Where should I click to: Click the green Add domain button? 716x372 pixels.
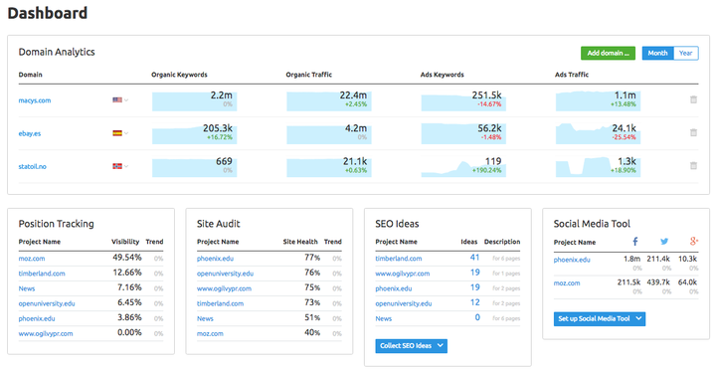608,53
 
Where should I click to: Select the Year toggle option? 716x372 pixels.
686,53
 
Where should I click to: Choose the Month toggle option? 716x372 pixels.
657,53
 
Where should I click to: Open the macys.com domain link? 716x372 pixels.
36,99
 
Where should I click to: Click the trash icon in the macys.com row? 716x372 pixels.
693,99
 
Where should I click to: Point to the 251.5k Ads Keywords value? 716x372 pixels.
482,94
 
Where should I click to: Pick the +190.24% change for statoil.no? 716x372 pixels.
481,170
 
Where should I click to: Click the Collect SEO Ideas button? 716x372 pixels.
411,345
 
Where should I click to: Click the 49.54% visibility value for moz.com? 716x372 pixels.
126,258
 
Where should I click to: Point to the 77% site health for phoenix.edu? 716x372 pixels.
311,258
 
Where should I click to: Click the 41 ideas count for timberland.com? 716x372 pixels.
474,258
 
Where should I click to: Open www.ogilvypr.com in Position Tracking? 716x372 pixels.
46,332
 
